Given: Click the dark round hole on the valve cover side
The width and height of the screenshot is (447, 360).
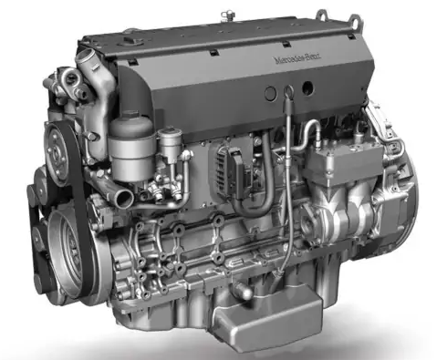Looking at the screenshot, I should pyautogui.click(x=268, y=94).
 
